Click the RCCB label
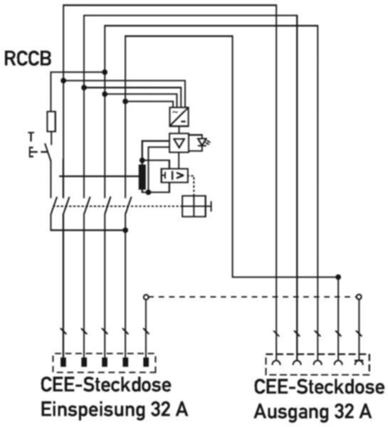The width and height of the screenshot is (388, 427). (x=28, y=58)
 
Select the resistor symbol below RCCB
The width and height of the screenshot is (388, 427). (x=51, y=121)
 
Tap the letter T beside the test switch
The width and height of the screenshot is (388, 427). (x=31, y=137)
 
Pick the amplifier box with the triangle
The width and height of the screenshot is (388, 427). (x=179, y=142)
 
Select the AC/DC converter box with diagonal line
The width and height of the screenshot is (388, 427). (x=179, y=117)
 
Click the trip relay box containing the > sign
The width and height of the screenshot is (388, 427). (x=174, y=175)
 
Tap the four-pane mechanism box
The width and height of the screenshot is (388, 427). (x=194, y=206)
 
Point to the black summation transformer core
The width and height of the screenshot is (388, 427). (x=142, y=176)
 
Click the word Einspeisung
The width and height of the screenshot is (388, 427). (x=93, y=410)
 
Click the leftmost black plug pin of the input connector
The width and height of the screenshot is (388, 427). (x=63, y=362)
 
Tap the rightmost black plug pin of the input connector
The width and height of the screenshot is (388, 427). (x=146, y=362)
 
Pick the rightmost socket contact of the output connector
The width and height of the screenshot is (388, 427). (x=359, y=362)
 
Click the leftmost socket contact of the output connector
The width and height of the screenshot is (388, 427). (x=276, y=362)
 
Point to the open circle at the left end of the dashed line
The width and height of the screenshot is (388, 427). (x=146, y=297)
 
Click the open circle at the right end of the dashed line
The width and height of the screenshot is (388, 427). (x=359, y=297)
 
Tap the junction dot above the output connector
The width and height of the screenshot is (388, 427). (x=338, y=277)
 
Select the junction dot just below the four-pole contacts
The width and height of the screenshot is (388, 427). (x=125, y=231)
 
